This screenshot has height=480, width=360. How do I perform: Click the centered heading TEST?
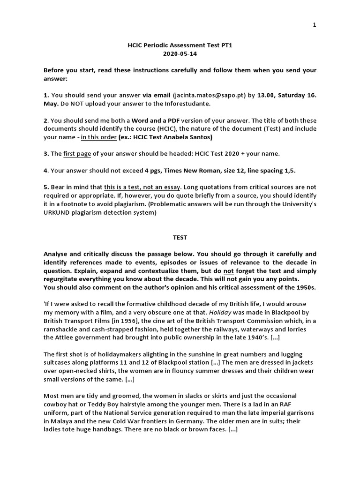(x=180, y=238)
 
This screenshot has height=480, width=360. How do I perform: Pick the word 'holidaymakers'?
(x=110, y=354)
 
